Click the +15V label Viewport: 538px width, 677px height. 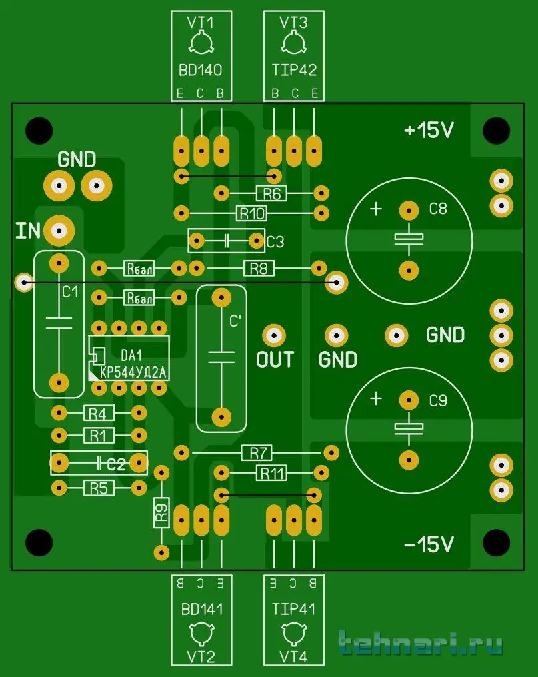click(x=429, y=131)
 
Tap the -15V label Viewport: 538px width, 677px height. click(x=429, y=544)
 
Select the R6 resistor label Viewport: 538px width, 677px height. click(x=271, y=193)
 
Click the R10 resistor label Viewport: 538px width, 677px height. click(x=252, y=213)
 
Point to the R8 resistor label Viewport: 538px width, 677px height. click(x=259, y=268)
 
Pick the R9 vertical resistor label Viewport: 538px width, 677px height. click(x=161, y=513)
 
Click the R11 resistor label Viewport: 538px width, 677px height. click(x=271, y=473)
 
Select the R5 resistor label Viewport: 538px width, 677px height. click(x=98, y=488)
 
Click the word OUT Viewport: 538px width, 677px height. click(x=275, y=360)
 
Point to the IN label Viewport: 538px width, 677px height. click(x=29, y=231)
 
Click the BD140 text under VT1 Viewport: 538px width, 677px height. click(x=201, y=70)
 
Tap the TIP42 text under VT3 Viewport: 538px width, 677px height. click(x=294, y=70)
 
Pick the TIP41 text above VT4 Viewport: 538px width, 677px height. click(x=294, y=608)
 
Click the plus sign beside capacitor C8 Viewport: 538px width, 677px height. click(x=376, y=209)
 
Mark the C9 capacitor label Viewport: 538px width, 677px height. click(x=438, y=401)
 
